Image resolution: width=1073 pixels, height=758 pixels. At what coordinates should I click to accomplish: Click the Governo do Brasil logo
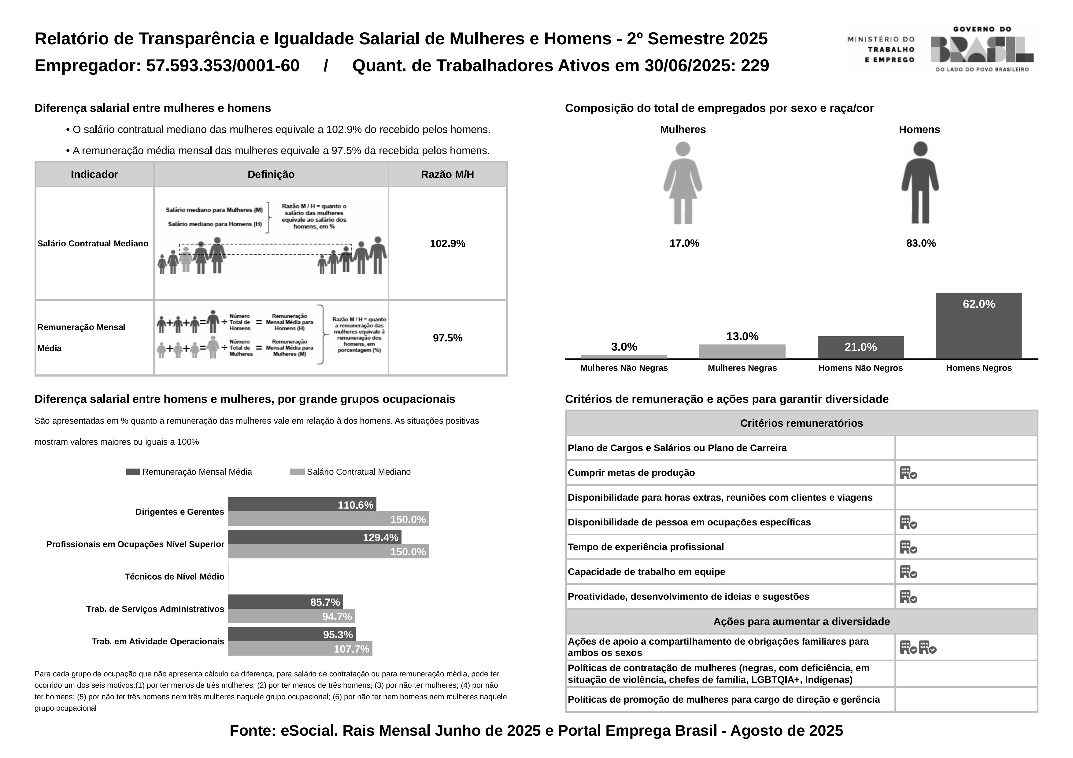[981, 49]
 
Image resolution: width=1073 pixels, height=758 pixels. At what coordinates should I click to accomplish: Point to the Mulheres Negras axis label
[742, 368]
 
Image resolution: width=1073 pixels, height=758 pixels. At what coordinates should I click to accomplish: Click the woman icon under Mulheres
[683, 182]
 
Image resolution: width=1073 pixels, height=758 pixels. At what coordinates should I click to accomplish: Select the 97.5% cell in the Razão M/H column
[447, 338]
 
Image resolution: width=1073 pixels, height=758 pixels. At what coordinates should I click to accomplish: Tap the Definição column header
[271, 175]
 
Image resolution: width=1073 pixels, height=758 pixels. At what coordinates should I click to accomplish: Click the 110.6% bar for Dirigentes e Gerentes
[302, 505]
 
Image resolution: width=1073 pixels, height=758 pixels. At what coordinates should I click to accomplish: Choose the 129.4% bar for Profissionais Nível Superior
[315, 537]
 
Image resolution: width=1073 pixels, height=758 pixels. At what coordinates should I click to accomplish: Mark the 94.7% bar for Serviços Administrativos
[291, 616]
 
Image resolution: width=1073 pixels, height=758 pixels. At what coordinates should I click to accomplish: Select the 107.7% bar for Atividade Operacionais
[300, 649]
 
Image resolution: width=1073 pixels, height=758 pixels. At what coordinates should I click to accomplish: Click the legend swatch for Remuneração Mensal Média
[133, 472]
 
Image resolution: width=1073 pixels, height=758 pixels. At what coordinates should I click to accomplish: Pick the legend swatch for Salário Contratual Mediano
[297, 472]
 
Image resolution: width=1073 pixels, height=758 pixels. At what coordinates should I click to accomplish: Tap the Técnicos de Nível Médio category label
[174, 577]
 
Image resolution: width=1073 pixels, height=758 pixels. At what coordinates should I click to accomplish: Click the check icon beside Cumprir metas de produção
[908, 473]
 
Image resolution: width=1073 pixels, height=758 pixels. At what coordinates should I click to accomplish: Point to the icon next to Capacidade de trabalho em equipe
[908, 572]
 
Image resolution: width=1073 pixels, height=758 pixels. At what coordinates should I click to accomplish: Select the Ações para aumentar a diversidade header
[801, 622]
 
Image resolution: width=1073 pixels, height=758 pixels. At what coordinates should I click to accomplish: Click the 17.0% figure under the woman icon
[684, 243]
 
